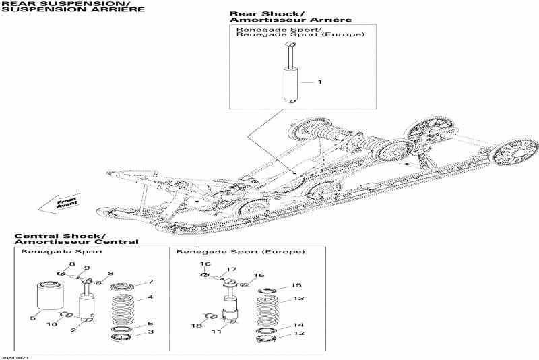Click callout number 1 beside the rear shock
click(x=320, y=82)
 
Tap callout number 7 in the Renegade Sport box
click(x=151, y=282)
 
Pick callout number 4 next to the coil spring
click(x=151, y=297)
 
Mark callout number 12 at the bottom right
click(x=301, y=334)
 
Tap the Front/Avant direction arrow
click(x=58, y=202)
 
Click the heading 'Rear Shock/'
click(x=257, y=13)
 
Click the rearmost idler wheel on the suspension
click(x=515, y=152)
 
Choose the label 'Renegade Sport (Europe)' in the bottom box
click(x=241, y=251)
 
